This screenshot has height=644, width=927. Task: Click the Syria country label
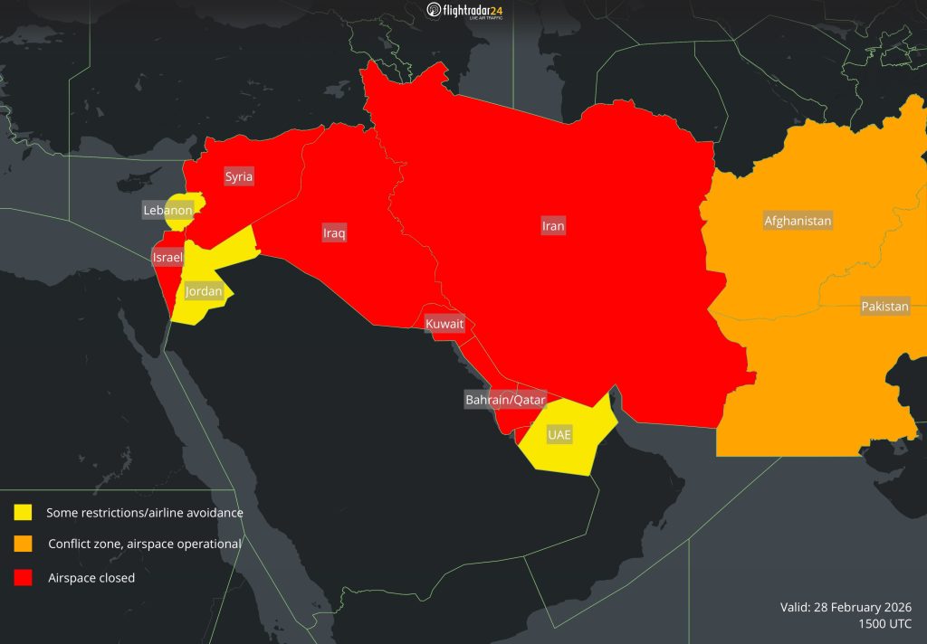click(x=239, y=176)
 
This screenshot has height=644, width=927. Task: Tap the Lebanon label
click(x=167, y=211)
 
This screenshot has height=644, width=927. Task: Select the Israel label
click(x=167, y=258)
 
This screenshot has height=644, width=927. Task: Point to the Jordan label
click(x=204, y=291)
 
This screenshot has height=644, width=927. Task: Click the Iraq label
click(x=334, y=233)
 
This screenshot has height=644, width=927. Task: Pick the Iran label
click(x=553, y=226)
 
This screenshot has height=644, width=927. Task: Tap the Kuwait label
click(x=444, y=323)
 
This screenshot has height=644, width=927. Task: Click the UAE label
click(x=559, y=435)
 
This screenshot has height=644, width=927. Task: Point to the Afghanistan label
click(x=798, y=221)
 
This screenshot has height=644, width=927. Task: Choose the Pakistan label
click(x=884, y=307)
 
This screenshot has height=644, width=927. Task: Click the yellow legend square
click(x=24, y=512)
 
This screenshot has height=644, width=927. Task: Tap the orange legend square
click(x=24, y=544)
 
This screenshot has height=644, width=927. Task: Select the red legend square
click(x=24, y=577)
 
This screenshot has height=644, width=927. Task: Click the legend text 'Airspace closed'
click(x=91, y=578)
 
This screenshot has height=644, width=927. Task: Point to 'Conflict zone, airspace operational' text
click(x=144, y=545)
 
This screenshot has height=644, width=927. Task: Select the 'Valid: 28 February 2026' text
click(x=846, y=606)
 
